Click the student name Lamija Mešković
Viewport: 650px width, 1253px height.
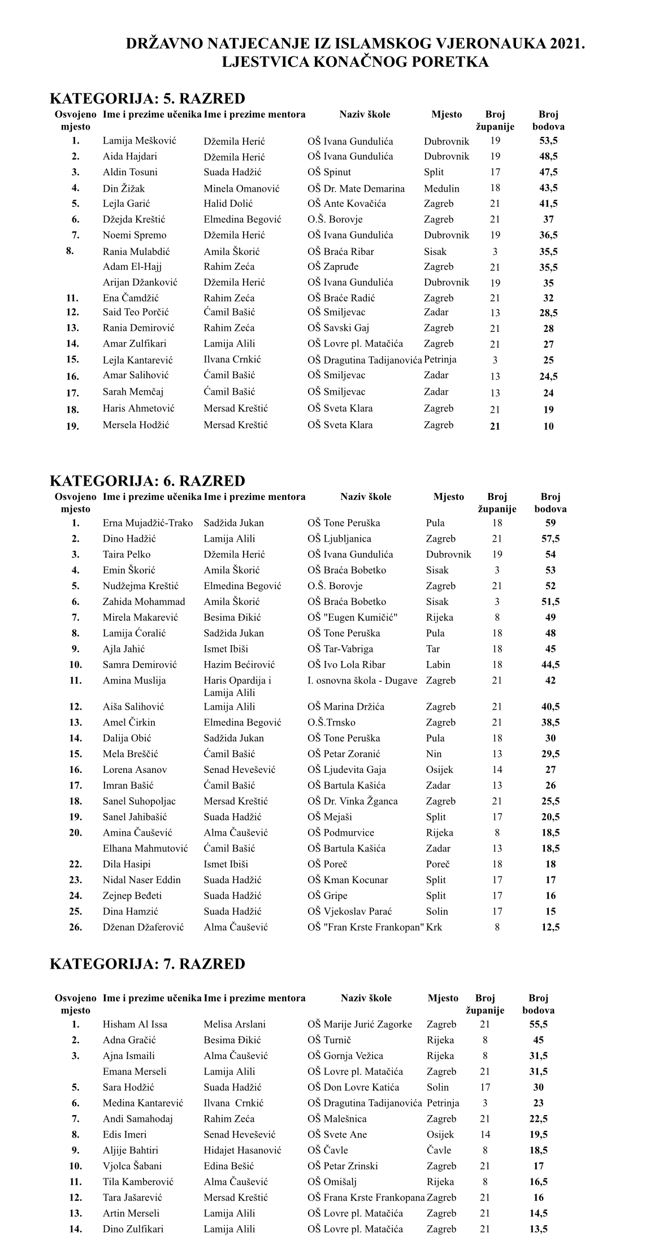pyautogui.click(x=139, y=141)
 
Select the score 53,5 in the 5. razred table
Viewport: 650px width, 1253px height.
pyautogui.click(x=548, y=141)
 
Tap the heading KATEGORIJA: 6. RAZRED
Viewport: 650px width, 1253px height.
pyautogui.click(x=148, y=481)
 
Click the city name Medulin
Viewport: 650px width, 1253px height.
pyautogui.click(x=441, y=188)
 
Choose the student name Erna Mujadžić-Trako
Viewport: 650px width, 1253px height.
pyautogui.click(x=148, y=523)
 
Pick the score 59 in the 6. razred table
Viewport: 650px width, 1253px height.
pyautogui.click(x=550, y=523)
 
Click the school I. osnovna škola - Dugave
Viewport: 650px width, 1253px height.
pyautogui.click(x=362, y=680)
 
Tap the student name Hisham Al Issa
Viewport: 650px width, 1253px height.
pyautogui.click(x=135, y=1024)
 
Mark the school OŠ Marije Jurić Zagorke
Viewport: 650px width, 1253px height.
pyautogui.click(x=359, y=1024)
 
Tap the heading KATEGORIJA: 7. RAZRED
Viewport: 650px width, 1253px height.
pyautogui.click(x=148, y=964)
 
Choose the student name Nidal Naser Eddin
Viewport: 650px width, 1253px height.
pyautogui.click(x=141, y=879)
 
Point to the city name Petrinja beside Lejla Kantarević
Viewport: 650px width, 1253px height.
pyautogui.click(x=440, y=360)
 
